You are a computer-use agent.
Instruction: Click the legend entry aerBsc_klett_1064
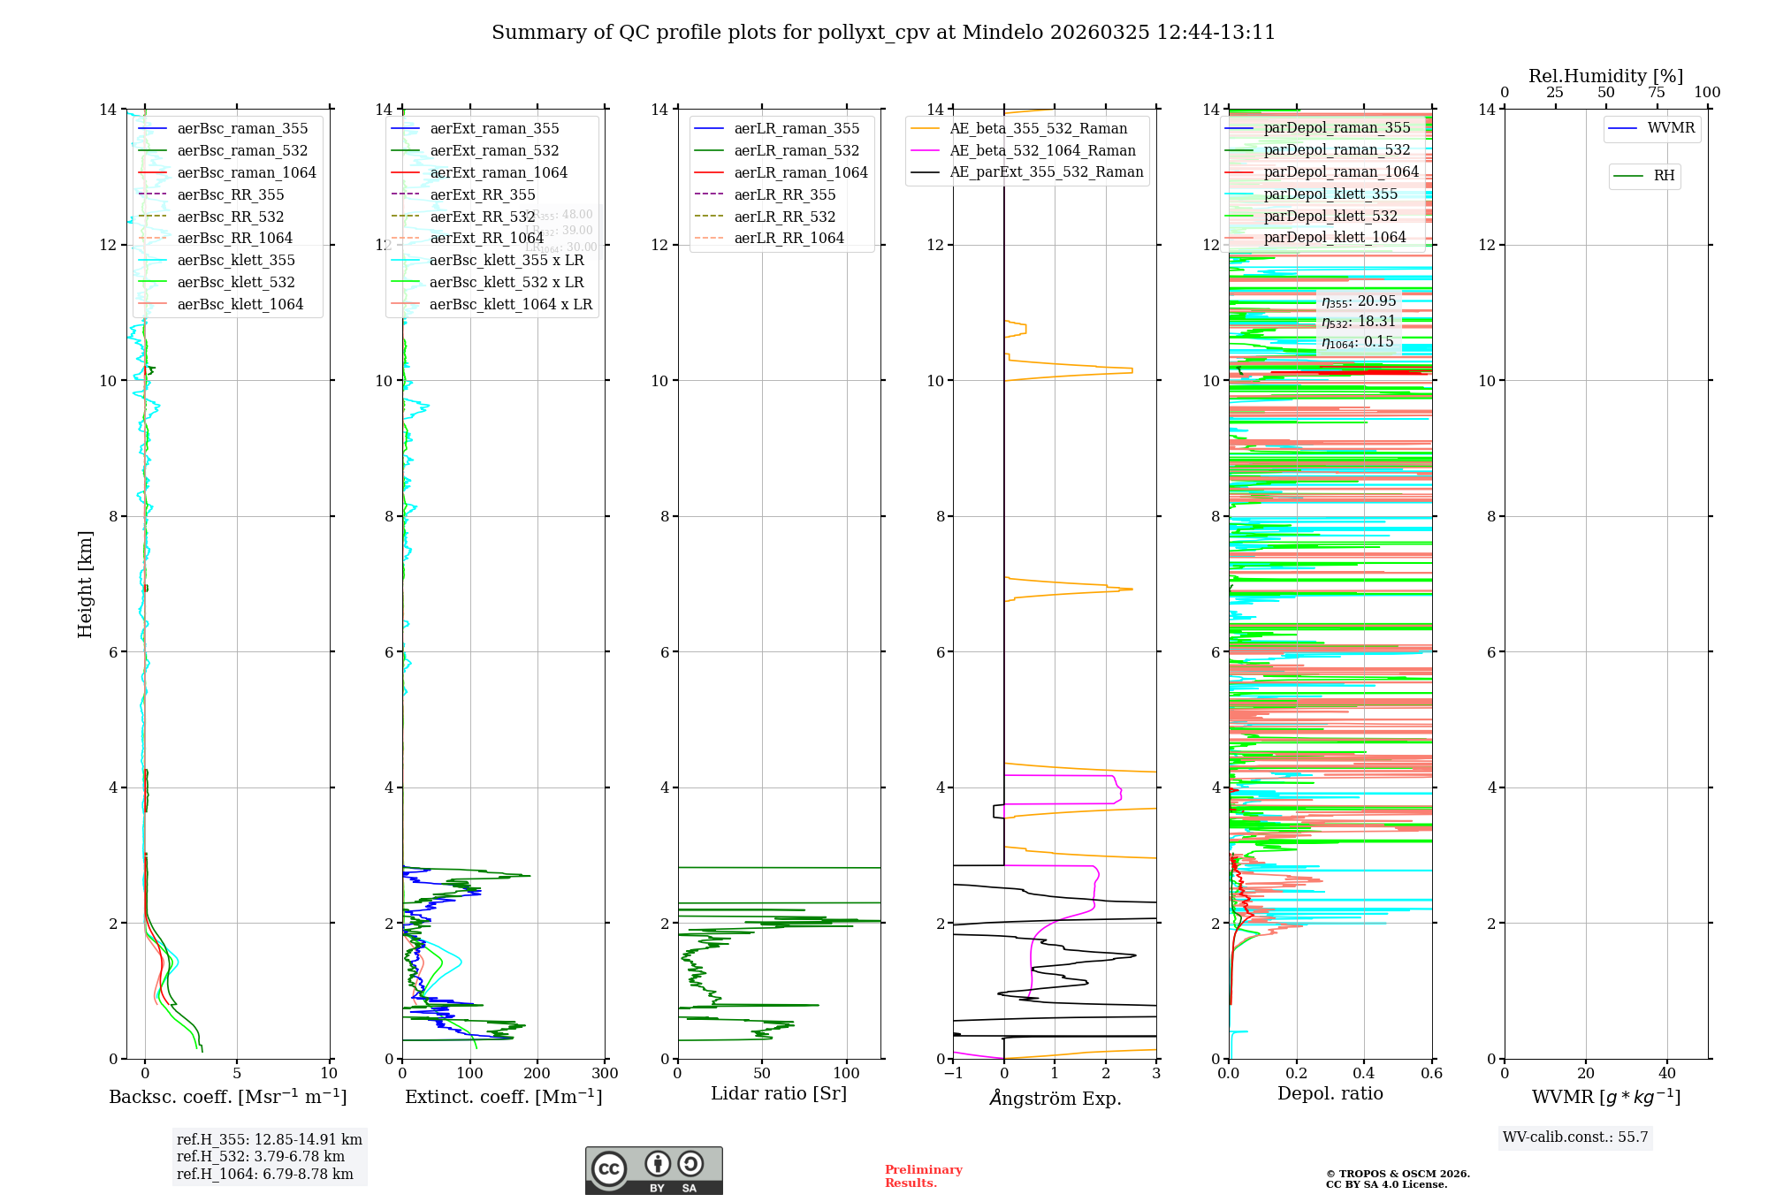[x=240, y=304]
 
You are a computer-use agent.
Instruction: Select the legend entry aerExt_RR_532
[x=482, y=217]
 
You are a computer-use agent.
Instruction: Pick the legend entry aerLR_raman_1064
[x=800, y=172]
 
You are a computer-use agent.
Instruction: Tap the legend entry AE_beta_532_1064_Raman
[x=1042, y=150]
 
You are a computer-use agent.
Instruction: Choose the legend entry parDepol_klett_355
[x=1330, y=194]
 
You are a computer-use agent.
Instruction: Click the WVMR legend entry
[x=1670, y=128]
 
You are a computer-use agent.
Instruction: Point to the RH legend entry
[x=1663, y=176]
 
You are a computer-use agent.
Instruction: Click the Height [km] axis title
[x=85, y=583]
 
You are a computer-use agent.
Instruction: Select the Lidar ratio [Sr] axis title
[x=778, y=1093]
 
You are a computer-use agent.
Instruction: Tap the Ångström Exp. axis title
[x=1055, y=1098]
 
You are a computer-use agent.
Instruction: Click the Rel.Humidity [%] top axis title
[x=1605, y=76]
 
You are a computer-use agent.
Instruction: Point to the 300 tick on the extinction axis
[x=605, y=1073]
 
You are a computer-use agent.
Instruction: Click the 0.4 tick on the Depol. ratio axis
[x=1364, y=1073]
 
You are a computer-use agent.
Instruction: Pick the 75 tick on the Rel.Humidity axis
[x=1656, y=92]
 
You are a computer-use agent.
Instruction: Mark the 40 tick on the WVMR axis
[x=1667, y=1073]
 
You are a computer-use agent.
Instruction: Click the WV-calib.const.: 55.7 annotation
[x=1575, y=1137]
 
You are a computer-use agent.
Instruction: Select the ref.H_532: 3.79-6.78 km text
[x=260, y=1156]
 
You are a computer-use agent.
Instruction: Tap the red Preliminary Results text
[x=923, y=1175]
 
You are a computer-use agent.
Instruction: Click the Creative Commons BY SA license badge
[x=653, y=1170]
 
